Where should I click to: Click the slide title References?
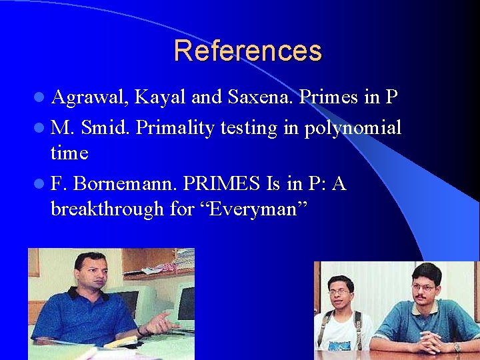247,51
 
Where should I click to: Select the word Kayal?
160,98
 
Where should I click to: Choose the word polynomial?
353,127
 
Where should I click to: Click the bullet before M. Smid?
39,127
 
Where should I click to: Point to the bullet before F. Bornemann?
39,183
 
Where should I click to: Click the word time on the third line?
69,154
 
